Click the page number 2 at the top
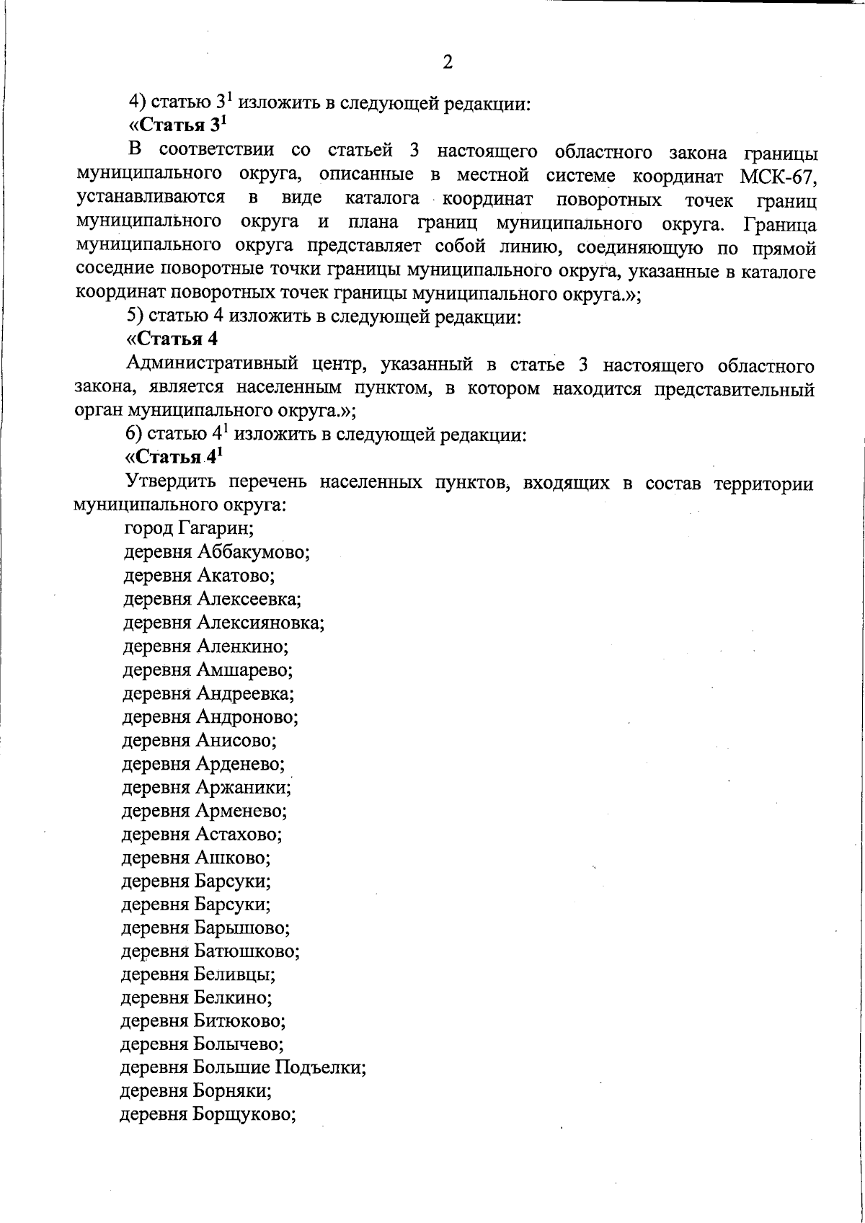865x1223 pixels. (447, 63)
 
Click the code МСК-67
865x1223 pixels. (778, 175)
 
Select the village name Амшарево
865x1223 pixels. (244, 670)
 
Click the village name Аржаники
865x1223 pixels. (243, 788)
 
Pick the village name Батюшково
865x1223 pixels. (247, 951)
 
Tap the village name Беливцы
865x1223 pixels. (234, 975)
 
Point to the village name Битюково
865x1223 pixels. (239, 1021)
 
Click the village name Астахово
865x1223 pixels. (239, 835)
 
